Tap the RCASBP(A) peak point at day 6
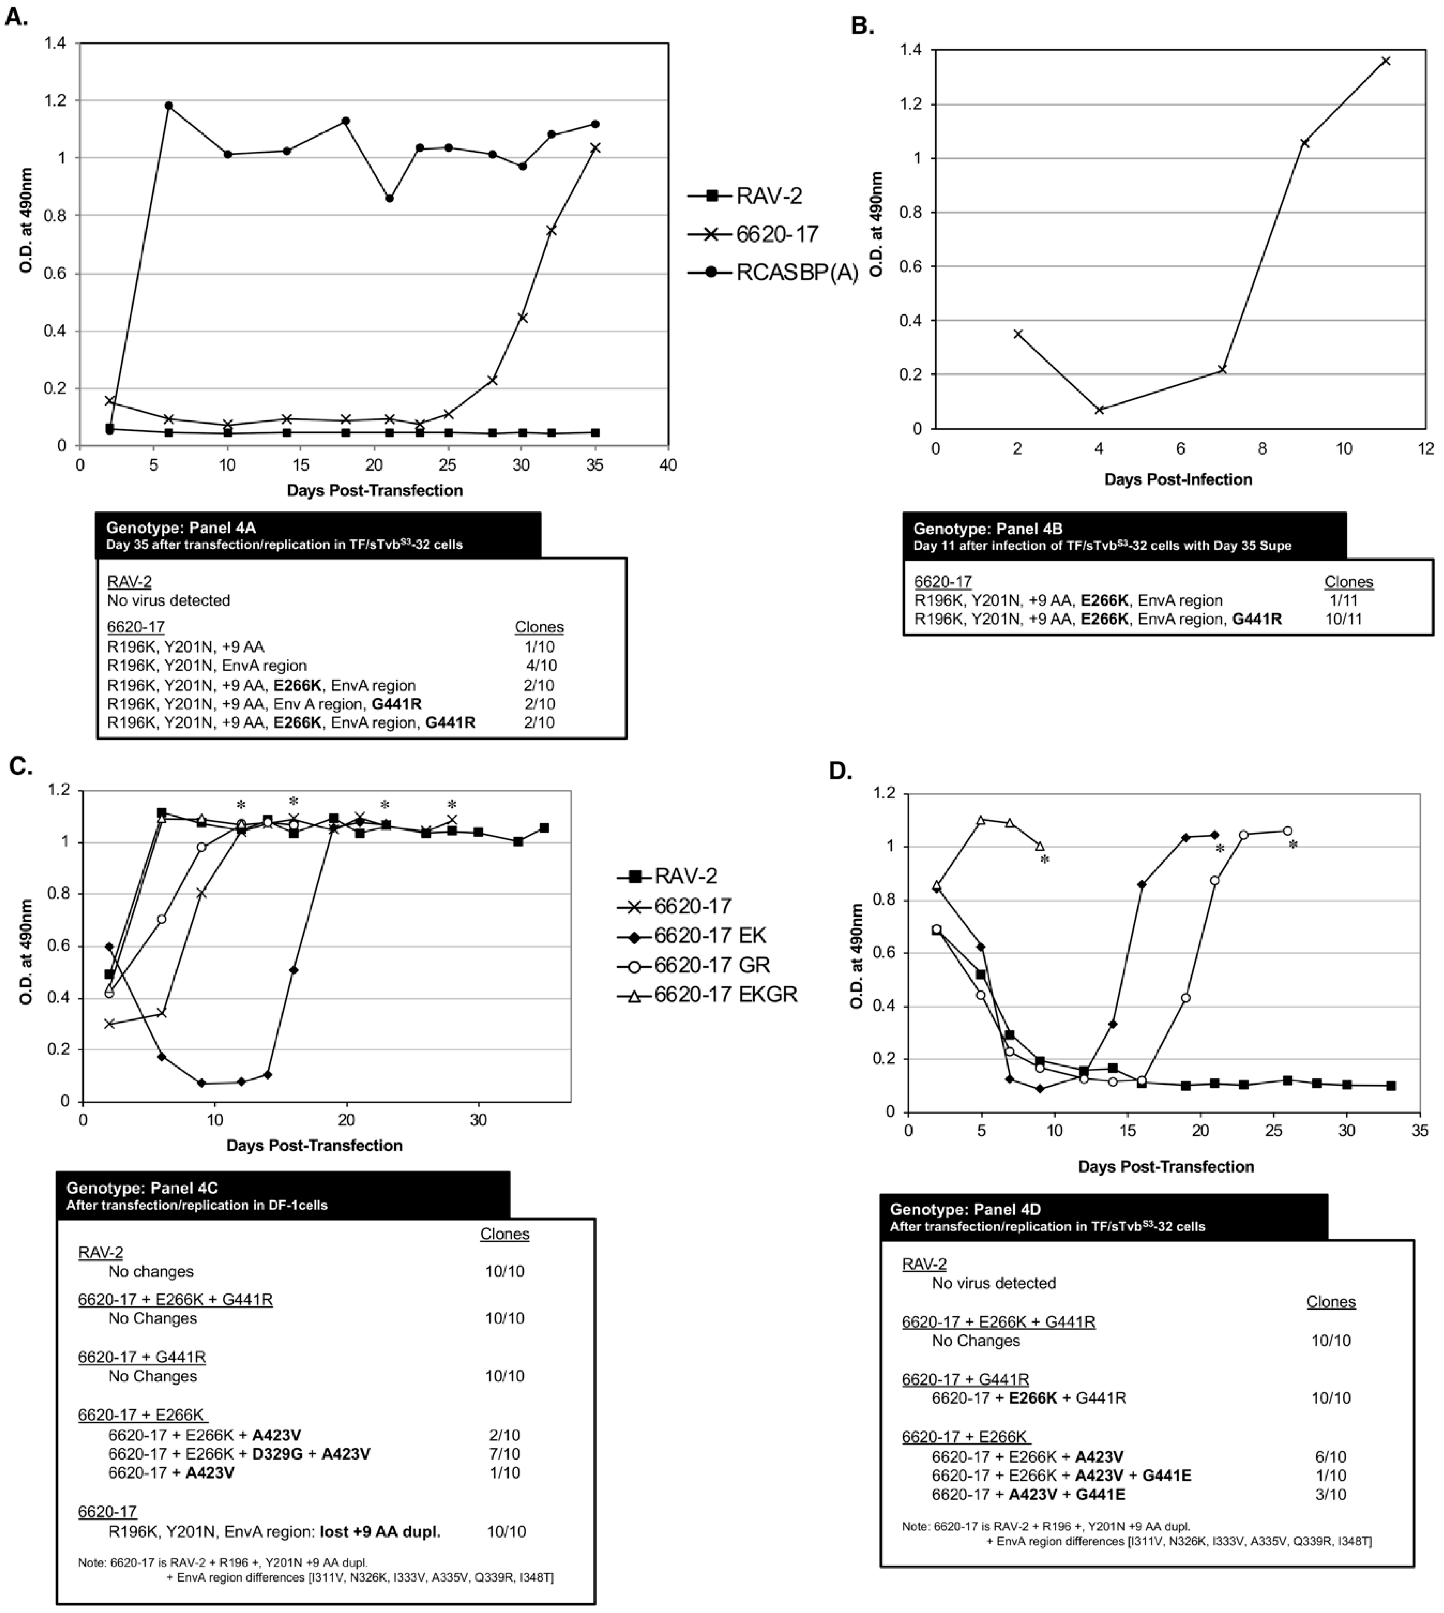click(x=168, y=106)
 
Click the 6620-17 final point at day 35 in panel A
click(x=595, y=148)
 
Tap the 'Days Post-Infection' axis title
click(x=1178, y=479)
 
